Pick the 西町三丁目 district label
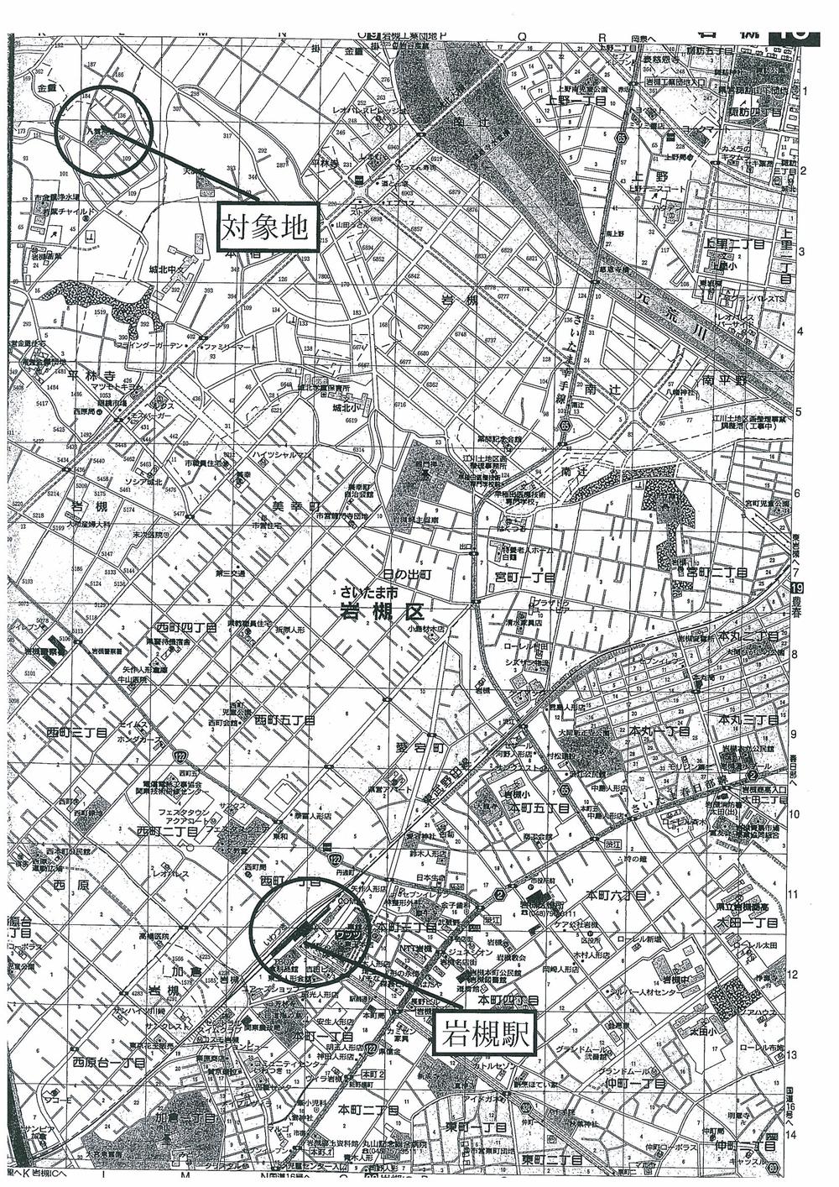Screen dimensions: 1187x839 click(78, 733)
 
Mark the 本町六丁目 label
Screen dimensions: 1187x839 click(617, 897)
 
